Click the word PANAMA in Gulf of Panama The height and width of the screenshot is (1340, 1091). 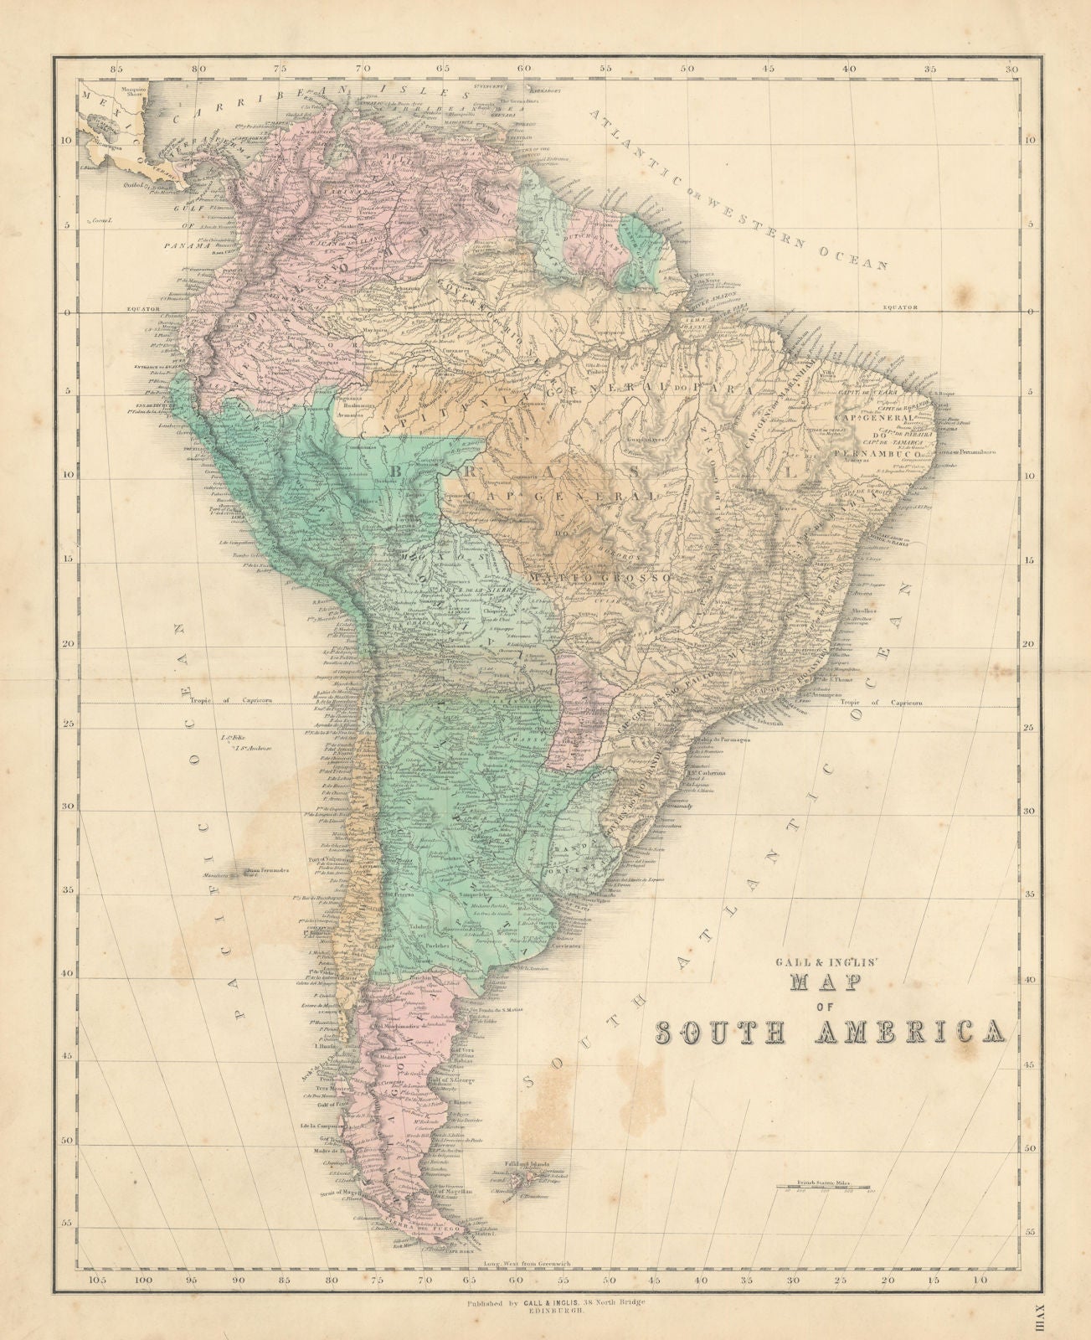pos(186,246)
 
